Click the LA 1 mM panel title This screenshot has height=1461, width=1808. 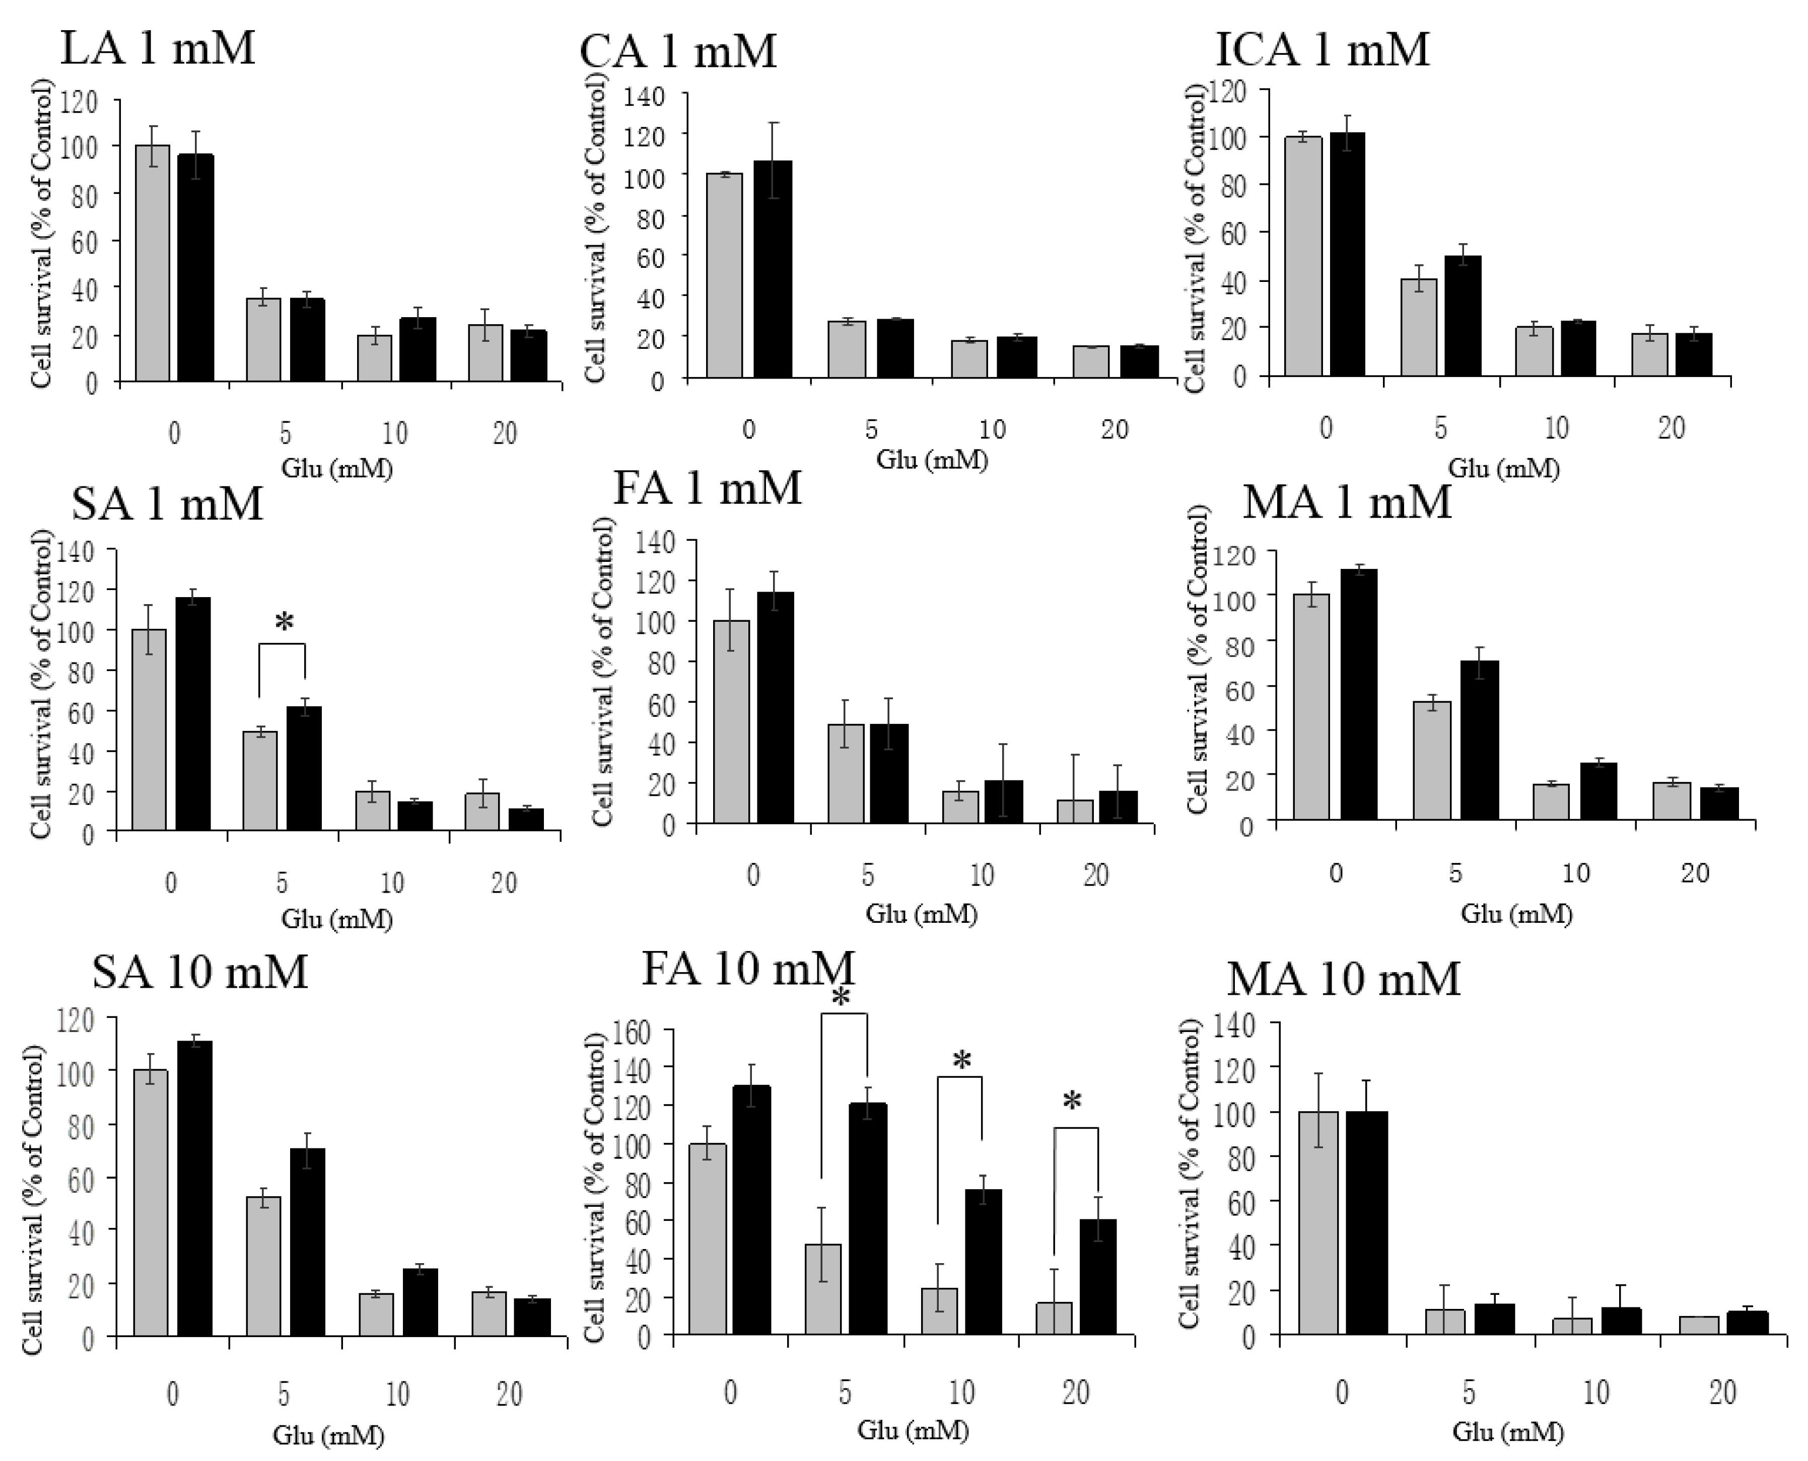[x=158, y=49]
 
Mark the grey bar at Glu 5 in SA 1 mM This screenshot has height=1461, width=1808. [x=259, y=781]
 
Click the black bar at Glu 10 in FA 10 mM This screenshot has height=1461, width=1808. [x=983, y=1262]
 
